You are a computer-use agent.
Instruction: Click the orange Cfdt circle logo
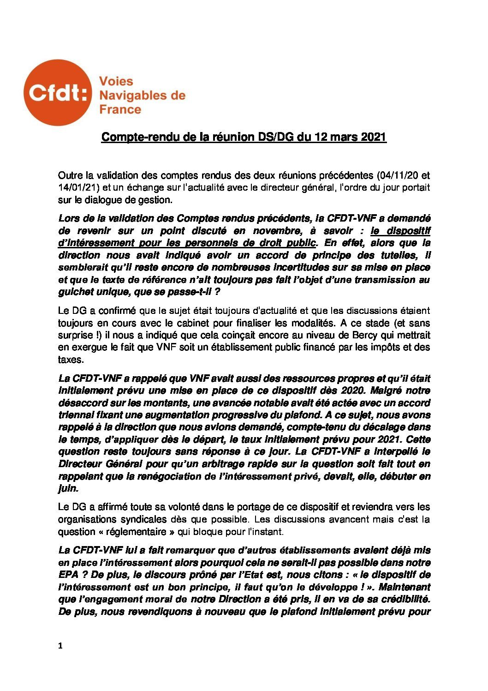pyautogui.click(x=58, y=93)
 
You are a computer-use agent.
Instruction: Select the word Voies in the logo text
pyautogui.click(x=116, y=81)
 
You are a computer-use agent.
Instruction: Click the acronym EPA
pyautogui.click(x=68, y=575)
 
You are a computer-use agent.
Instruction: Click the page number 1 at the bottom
pyautogui.click(x=60, y=646)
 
